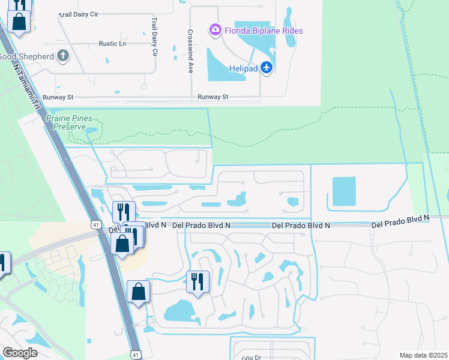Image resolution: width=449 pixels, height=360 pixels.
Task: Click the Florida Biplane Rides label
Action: point(264,31)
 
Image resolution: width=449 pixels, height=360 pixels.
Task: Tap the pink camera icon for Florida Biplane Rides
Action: point(214,29)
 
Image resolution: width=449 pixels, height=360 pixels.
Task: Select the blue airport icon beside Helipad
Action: point(267,68)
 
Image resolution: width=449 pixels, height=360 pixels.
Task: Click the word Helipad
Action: point(243,68)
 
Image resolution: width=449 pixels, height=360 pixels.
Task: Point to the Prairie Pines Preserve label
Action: point(66,123)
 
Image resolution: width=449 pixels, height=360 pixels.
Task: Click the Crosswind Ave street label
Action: point(190,52)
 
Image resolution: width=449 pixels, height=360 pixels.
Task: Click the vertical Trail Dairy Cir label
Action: point(154,36)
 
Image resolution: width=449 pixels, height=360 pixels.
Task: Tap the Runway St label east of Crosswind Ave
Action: point(213,97)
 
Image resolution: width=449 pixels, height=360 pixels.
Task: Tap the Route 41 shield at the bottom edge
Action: point(136,355)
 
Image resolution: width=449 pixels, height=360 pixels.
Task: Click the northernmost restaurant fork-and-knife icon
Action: point(122,212)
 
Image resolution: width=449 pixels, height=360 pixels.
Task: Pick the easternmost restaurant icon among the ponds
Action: point(197,281)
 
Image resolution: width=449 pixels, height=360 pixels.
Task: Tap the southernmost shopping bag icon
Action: point(138,292)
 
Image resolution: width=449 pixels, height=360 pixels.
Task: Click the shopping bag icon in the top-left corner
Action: point(19,22)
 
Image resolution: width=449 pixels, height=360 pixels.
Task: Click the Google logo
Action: point(20,352)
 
